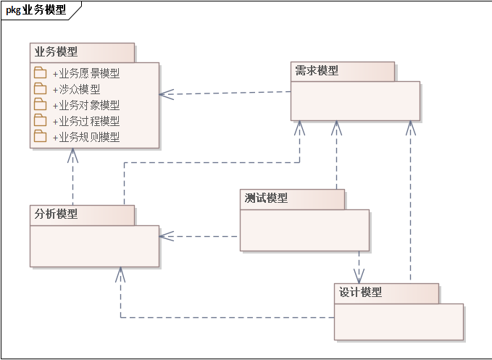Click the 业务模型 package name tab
click(x=57, y=52)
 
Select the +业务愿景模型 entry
click(x=86, y=73)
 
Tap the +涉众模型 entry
click(x=76, y=89)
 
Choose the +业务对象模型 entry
click(x=86, y=105)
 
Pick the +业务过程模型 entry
click(x=86, y=121)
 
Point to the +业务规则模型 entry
click(x=86, y=137)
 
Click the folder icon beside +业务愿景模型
click(x=40, y=72)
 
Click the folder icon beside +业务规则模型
click(x=40, y=136)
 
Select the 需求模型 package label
click(x=317, y=71)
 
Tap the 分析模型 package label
click(x=57, y=214)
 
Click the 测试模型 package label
click(x=267, y=198)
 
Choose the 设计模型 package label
click(x=361, y=293)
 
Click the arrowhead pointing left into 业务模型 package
click(x=165, y=93)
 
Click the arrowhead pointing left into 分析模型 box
click(x=165, y=235)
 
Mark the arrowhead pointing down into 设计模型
click(x=359, y=277)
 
